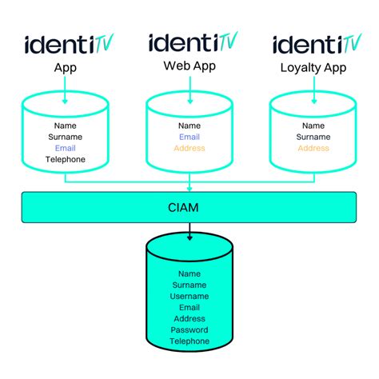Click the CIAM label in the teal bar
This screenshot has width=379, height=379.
(x=189, y=208)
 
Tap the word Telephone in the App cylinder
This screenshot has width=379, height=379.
(x=65, y=159)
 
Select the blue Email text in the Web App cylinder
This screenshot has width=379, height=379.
(x=189, y=137)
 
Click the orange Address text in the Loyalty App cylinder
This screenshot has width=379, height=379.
(x=313, y=148)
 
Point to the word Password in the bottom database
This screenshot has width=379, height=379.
(x=189, y=329)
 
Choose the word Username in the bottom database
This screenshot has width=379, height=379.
(x=189, y=296)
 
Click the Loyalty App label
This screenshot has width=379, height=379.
(x=313, y=68)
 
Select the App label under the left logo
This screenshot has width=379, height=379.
(x=65, y=68)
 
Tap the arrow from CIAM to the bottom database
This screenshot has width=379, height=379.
(x=189, y=232)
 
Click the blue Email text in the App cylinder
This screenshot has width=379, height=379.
(x=65, y=148)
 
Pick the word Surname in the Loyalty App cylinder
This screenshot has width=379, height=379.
(x=313, y=137)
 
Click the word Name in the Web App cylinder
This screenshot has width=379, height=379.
(x=189, y=126)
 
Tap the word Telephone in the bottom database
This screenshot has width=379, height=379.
(x=189, y=341)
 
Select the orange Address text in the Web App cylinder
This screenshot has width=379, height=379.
(x=189, y=148)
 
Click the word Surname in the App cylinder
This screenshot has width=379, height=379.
(x=65, y=137)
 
